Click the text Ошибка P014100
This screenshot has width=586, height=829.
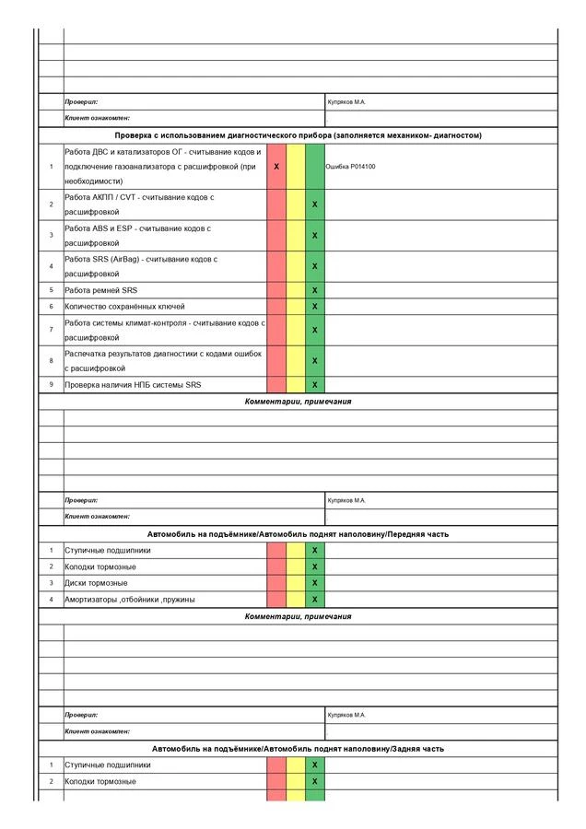pos(351,167)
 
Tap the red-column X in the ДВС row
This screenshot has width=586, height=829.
pos(276,167)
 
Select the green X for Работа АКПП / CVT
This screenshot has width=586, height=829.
pos(315,204)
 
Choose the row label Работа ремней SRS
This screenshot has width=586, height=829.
pos(101,290)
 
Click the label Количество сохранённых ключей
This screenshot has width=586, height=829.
pos(124,306)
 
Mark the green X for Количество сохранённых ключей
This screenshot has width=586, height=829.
pos(315,306)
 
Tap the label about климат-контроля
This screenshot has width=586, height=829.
pos(164,330)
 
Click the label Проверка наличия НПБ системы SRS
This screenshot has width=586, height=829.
pos(133,385)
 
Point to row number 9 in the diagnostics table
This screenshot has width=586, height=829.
pos(52,385)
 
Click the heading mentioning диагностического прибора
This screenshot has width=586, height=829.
pos(298,135)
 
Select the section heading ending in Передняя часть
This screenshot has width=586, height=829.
pos(298,534)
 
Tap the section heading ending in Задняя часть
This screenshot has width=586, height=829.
pos(298,749)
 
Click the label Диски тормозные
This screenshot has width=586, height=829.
pos(96,583)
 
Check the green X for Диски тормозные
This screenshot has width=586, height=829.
pos(315,583)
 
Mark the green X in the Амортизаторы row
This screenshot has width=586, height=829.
pos(315,600)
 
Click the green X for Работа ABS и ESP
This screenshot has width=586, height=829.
pos(315,236)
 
